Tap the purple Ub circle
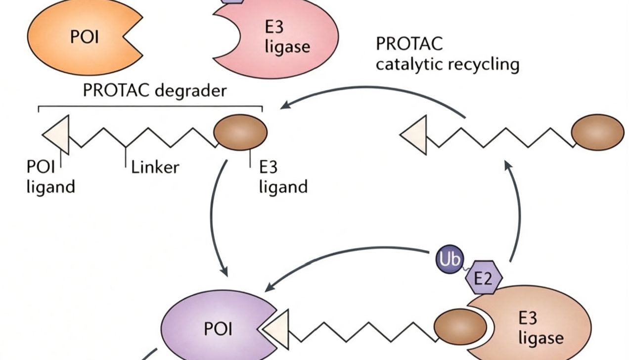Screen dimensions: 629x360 pyautogui.click(x=449, y=259)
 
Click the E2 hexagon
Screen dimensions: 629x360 pyautogui.click(x=484, y=277)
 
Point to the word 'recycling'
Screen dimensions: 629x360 pyautogui.click(x=484, y=65)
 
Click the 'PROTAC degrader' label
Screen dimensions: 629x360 pyautogui.click(x=155, y=90)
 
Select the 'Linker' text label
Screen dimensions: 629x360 pyautogui.click(x=155, y=167)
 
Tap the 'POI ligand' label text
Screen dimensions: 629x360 pyautogui.click(x=50, y=177)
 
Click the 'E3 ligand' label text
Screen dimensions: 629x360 pyautogui.click(x=283, y=177)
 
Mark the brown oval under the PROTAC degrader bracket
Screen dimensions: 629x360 pyautogui.click(x=240, y=132)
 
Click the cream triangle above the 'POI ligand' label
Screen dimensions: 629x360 pyautogui.click(x=58, y=135)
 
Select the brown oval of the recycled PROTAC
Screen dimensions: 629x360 pyautogui.click(x=597, y=132)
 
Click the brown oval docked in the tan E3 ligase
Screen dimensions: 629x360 pyautogui.click(x=460, y=326)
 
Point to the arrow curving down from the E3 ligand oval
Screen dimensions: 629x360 pyautogui.click(x=211, y=216)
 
